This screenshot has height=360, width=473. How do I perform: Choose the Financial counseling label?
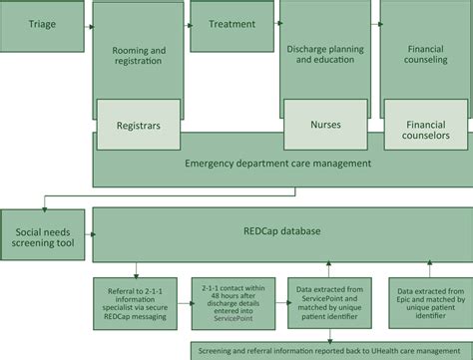click(x=424, y=54)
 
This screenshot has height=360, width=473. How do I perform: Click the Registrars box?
click(x=139, y=127)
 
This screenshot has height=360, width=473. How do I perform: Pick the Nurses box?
click(x=326, y=127)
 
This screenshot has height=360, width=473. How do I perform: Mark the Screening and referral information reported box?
click(x=329, y=349)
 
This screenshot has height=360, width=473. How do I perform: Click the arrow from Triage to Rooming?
click(x=88, y=26)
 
